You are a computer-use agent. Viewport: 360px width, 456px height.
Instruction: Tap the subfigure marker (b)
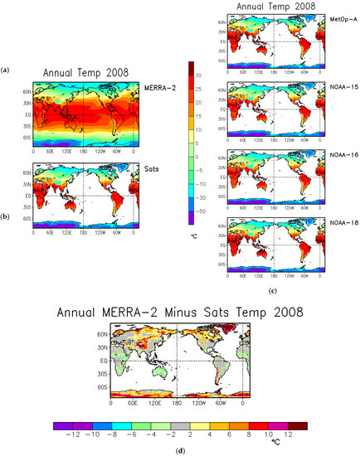[7, 216]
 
